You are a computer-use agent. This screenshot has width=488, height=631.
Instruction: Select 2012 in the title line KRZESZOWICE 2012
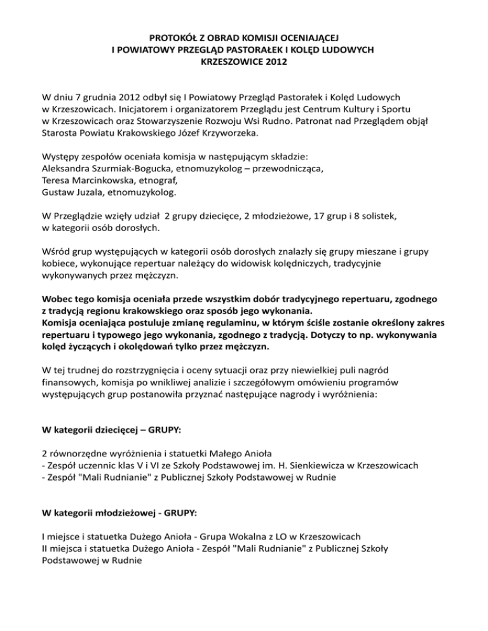[x=276, y=63]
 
